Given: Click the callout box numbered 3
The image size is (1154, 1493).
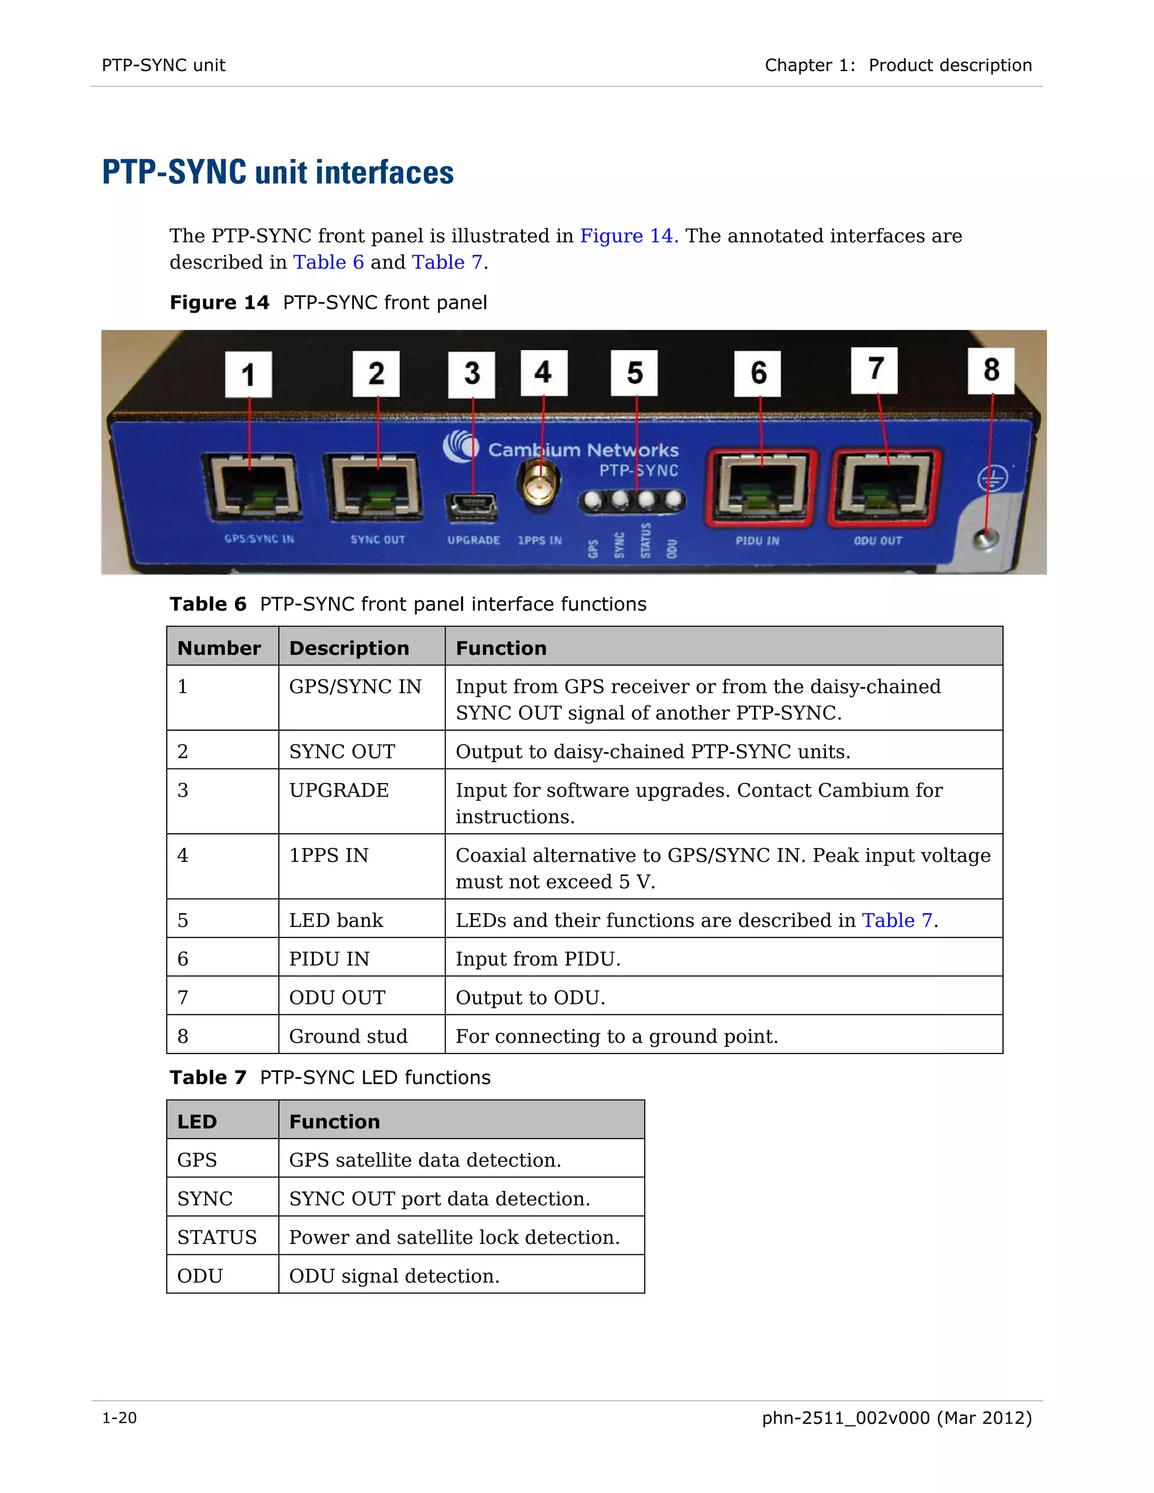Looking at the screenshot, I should pos(471,374).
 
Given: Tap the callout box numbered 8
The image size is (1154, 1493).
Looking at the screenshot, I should pos(991,371).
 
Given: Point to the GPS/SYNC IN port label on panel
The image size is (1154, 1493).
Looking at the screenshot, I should pos(259,539).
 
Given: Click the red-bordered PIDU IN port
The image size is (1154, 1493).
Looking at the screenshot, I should pos(760,487).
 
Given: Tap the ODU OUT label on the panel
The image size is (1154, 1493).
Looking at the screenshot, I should pos(878,541).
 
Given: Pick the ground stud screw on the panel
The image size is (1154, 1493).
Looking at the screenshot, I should pos(984,539).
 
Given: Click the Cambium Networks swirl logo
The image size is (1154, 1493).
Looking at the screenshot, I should pos(461,447).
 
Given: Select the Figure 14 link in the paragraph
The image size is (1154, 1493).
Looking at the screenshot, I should pos(628,236).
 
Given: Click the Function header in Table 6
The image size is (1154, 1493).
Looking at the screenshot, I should pos(501,648).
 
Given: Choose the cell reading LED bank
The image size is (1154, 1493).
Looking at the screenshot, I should pos(336,920).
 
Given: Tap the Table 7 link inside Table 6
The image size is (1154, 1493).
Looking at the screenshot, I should pos(897,920).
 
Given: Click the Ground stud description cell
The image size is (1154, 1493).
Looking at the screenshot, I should pos(348,1036).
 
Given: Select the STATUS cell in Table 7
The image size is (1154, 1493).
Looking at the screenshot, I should pos(217,1237).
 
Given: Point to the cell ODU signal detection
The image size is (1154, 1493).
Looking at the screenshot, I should pos(394,1276).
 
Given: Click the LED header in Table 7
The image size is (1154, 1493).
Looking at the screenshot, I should pos(197,1122).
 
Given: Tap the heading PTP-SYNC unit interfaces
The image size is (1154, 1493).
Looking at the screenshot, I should pos(278,172).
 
